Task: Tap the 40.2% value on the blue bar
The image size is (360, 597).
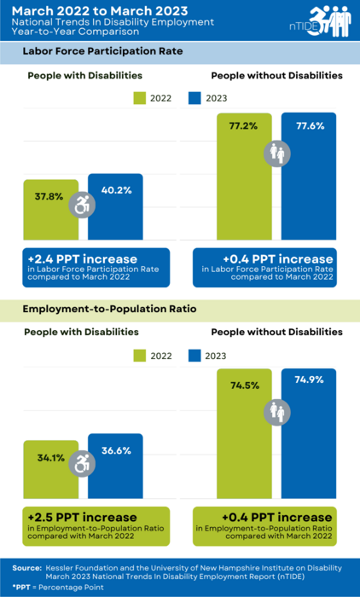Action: pyautogui.click(x=116, y=190)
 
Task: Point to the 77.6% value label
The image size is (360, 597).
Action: pyautogui.click(x=310, y=126)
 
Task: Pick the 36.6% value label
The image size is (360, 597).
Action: pyautogui.click(x=116, y=450)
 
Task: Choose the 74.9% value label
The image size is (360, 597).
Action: pyautogui.click(x=310, y=380)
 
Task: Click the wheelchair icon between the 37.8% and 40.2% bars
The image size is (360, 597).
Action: pyautogui.click(x=83, y=205)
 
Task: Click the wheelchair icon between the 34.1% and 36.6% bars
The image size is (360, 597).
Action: pyautogui.click(x=83, y=464)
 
